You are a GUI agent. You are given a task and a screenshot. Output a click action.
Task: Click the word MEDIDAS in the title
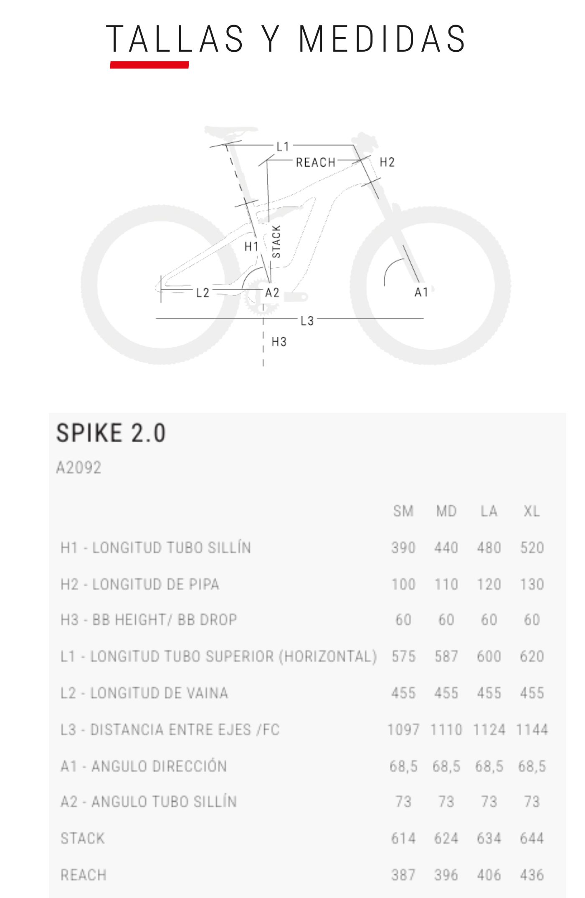click(x=382, y=39)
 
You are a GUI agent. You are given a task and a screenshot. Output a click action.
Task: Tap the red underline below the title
click(x=149, y=65)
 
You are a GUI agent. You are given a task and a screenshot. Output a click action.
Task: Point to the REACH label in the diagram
click(x=316, y=162)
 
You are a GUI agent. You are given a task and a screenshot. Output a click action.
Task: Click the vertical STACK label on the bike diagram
click(x=276, y=241)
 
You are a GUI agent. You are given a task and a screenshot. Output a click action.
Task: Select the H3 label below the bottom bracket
click(x=279, y=342)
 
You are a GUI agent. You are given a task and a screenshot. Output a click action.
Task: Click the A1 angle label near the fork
click(x=421, y=292)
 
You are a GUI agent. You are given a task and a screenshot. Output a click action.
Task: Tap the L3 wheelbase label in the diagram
click(x=307, y=320)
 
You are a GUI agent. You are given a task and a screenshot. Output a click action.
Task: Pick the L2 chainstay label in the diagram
click(x=203, y=293)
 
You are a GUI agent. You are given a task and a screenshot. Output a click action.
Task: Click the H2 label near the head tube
click(x=387, y=162)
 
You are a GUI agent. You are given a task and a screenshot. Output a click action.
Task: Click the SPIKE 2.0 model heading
click(x=111, y=433)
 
